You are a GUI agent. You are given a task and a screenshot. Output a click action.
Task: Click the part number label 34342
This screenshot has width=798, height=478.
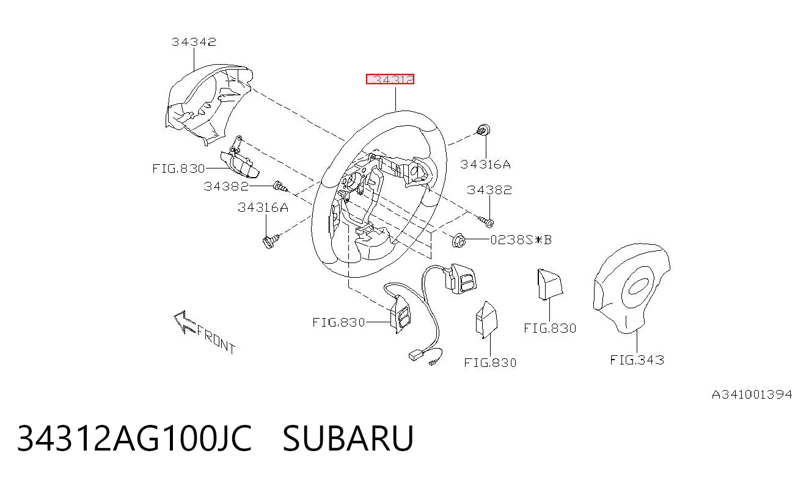click(194, 42)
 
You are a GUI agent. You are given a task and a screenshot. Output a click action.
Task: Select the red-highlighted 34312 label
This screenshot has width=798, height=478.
click(390, 79)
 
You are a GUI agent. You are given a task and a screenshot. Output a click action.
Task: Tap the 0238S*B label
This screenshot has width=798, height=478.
click(521, 240)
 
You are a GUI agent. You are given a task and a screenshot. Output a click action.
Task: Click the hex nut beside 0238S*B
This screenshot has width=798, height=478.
click(459, 241)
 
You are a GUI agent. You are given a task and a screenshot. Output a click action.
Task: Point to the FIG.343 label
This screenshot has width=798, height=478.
click(637, 360)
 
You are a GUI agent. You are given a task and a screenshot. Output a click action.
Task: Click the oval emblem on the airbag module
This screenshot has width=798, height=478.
click(638, 286)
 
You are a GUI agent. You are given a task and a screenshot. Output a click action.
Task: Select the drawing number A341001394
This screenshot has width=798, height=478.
click(752, 394)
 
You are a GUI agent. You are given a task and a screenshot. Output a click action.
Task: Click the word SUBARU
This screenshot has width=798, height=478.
click(348, 438)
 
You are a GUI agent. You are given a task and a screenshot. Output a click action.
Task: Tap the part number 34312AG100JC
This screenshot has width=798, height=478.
click(134, 438)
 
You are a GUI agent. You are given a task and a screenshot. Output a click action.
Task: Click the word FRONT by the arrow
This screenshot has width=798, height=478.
click(216, 339)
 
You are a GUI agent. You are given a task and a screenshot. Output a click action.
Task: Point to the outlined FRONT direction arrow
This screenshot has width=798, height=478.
click(184, 322)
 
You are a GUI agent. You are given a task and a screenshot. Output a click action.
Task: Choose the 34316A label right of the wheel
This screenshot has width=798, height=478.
click(485, 164)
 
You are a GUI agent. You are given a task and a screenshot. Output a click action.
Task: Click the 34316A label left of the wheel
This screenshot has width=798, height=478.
click(263, 208)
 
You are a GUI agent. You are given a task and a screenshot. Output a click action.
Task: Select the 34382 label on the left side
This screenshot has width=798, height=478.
click(226, 186)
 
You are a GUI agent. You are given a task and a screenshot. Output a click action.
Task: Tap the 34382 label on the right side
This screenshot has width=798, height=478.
click(489, 190)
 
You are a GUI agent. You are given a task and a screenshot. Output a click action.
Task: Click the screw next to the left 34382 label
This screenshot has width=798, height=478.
click(280, 187)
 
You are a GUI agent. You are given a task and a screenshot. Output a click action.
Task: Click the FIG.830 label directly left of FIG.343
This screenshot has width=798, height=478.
click(550, 328)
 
